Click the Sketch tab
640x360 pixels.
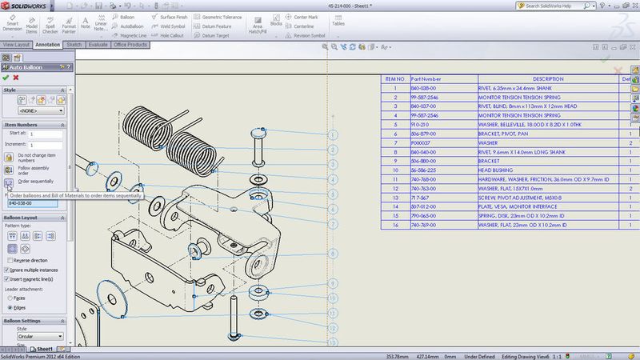pyautogui.click(x=74, y=45)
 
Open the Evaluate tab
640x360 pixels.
pyautogui.click(x=98, y=45)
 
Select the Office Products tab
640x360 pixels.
pyautogui.click(x=130, y=45)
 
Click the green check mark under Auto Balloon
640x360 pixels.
pyautogui.click(x=6, y=78)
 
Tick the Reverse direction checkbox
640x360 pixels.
pyautogui.click(x=8, y=261)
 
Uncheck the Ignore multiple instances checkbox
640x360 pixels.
pyautogui.click(x=8, y=270)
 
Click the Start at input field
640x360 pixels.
pyautogui.click(x=46, y=134)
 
